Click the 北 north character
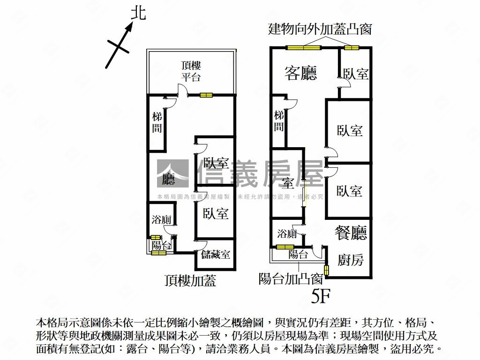pos(138,13)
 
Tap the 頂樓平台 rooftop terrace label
pos(191,71)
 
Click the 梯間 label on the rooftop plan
pos(157,122)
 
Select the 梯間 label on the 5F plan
pos(279,121)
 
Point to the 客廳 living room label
pos(301,73)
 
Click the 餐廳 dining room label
pos(351,232)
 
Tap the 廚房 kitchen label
pos(351,260)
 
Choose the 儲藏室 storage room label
pos(216,255)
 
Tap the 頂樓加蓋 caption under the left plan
pos(190,281)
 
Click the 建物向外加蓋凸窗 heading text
pos(320,29)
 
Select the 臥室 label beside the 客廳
pos(356,74)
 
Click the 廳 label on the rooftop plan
pos(169,180)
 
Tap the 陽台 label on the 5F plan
pos(298,255)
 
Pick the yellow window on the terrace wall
pos(206,95)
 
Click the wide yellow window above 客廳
pos(303,47)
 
